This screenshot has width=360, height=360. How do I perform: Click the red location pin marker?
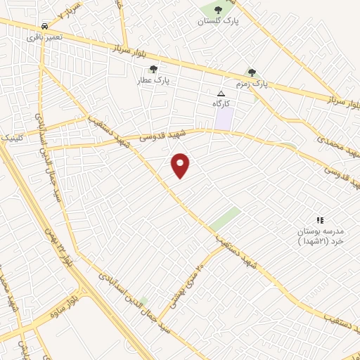(181, 166)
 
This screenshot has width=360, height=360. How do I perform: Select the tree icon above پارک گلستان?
(217, 10)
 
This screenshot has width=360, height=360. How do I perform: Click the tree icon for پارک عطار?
(153, 69)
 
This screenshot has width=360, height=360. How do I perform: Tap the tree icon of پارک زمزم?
(252, 72)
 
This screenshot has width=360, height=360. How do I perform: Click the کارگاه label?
(222, 103)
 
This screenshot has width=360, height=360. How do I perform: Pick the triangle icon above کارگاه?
(221, 93)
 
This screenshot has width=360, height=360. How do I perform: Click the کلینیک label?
(13, 138)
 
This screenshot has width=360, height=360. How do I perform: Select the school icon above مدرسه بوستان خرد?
(320, 220)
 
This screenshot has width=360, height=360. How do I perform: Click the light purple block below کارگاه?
(224, 118)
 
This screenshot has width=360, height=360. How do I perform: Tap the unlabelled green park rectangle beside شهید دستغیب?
(225, 219)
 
